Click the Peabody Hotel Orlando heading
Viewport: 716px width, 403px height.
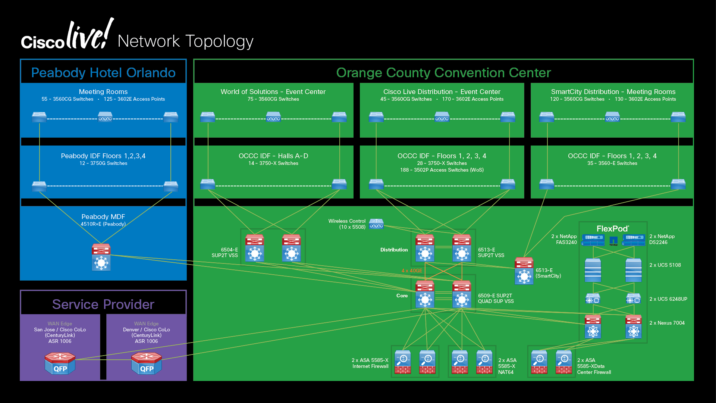pos(103,72)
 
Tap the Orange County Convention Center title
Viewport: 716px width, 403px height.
pos(443,72)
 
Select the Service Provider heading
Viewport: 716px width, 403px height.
pos(103,304)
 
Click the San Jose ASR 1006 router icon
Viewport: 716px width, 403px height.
pos(60,363)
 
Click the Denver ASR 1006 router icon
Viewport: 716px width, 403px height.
pos(147,363)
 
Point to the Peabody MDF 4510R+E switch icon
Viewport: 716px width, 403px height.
pos(101,257)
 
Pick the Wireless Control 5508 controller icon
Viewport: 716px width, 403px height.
pos(376,224)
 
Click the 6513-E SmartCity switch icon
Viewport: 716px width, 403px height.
pos(524,271)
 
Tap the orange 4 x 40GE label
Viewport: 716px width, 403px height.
pos(412,271)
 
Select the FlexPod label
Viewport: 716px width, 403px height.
pos(613,229)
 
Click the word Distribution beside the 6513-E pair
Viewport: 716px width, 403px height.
pos(394,250)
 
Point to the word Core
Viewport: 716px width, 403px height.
pos(402,296)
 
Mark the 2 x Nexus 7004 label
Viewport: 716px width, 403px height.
pos(667,323)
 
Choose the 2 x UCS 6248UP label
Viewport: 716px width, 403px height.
pos(668,299)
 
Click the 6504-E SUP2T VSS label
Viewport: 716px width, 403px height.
pos(225,253)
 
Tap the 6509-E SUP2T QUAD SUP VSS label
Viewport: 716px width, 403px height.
pos(496,299)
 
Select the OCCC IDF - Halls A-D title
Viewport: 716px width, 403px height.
pos(273,156)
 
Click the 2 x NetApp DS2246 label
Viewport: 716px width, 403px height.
pos(661,239)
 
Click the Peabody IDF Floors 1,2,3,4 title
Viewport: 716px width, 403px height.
pos(103,156)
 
